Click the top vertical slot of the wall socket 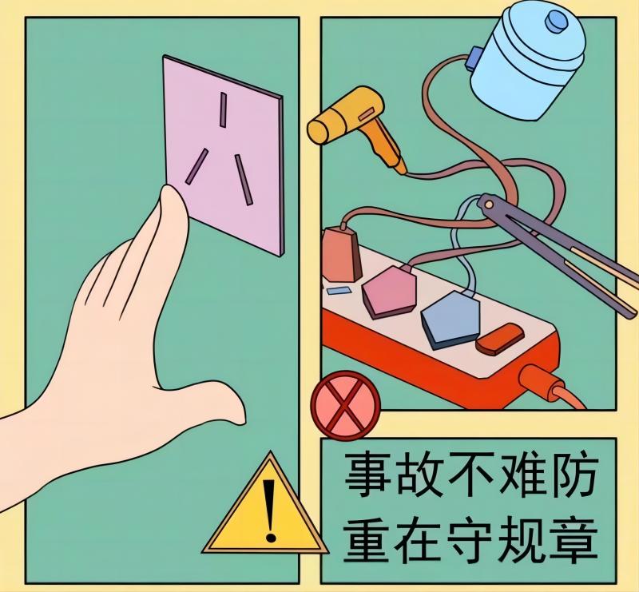click(223, 109)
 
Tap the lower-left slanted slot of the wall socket click(196, 166)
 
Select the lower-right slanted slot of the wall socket click(244, 180)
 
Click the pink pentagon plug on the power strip click(389, 292)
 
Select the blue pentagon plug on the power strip click(450, 320)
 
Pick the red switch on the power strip click(500, 340)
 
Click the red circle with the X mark click(346, 405)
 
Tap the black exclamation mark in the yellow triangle click(269, 511)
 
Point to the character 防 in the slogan click(574, 475)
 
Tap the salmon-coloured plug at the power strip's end click(341, 255)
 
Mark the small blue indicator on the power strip click(339, 291)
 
